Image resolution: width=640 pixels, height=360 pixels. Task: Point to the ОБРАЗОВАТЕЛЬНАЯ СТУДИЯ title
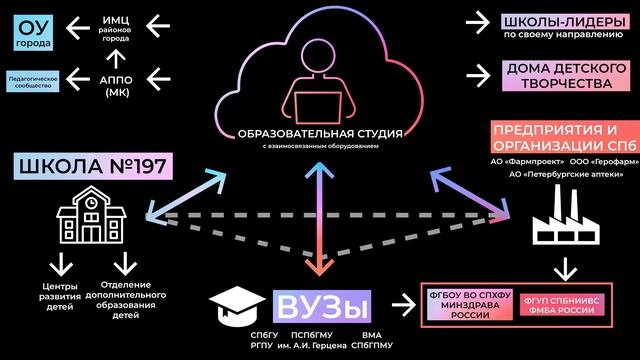tap(320, 133)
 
